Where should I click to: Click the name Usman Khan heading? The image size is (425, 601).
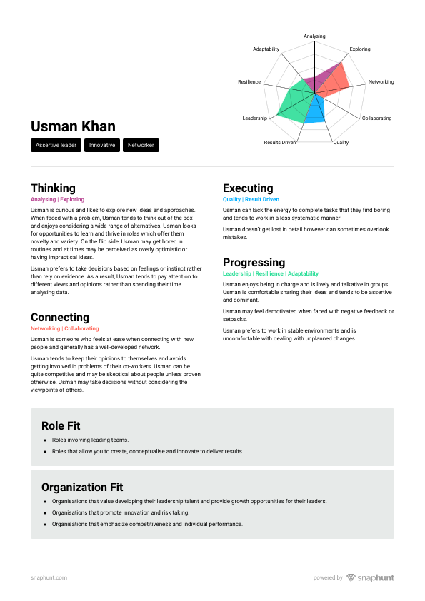click(x=73, y=127)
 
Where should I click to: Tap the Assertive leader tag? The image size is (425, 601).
click(x=56, y=146)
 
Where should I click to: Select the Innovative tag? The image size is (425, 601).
click(x=102, y=146)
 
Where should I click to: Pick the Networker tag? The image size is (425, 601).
click(x=141, y=146)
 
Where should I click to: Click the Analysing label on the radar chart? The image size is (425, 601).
click(x=314, y=36)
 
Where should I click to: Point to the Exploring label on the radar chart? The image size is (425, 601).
click(x=360, y=49)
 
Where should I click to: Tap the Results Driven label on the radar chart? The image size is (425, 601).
click(x=280, y=143)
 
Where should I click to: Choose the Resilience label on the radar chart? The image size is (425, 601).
click(x=249, y=83)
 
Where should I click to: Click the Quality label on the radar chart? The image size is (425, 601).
click(x=341, y=143)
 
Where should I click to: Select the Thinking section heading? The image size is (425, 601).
click(x=53, y=188)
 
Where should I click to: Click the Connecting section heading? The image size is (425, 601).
click(x=60, y=318)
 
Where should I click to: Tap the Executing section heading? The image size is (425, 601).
click(x=248, y=188)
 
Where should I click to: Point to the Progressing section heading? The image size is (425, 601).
click(x=254, y=263)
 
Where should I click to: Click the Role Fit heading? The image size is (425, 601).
click(x=61, y=426)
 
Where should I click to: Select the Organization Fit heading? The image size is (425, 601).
click(x=82, y=488)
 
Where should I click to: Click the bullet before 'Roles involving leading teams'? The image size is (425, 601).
click(x=45, y=440)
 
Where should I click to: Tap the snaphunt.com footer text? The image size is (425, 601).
click(x=49, y=578)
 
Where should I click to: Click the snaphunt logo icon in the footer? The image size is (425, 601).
click(x=351, y=578)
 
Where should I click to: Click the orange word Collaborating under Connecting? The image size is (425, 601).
click(x=81, y=328)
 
